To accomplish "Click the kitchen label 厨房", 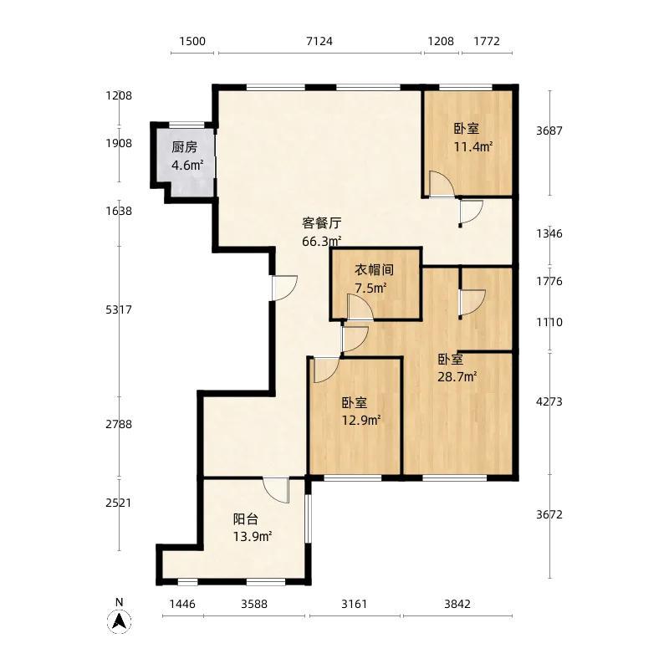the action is coord(184,147).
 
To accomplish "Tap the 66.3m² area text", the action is coord(322,241).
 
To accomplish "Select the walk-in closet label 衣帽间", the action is coord(374,269).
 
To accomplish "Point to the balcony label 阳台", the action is coord(246,518).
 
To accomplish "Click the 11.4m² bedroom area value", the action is coord(473,147).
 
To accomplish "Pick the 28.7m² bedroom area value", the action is coord(457,377).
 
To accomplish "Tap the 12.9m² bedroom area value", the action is coord(361,421).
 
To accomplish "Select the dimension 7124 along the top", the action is coord(319,41).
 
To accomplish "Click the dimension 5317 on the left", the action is coord(119,309).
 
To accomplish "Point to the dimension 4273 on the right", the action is coord(549,401).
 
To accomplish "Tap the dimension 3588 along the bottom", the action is coord(254,604).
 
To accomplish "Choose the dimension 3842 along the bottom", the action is coord(457,604).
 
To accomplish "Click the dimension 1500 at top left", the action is coord(192,41).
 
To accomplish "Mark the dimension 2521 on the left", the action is coord(119,503).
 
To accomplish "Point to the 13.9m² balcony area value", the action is coord(253,536).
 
